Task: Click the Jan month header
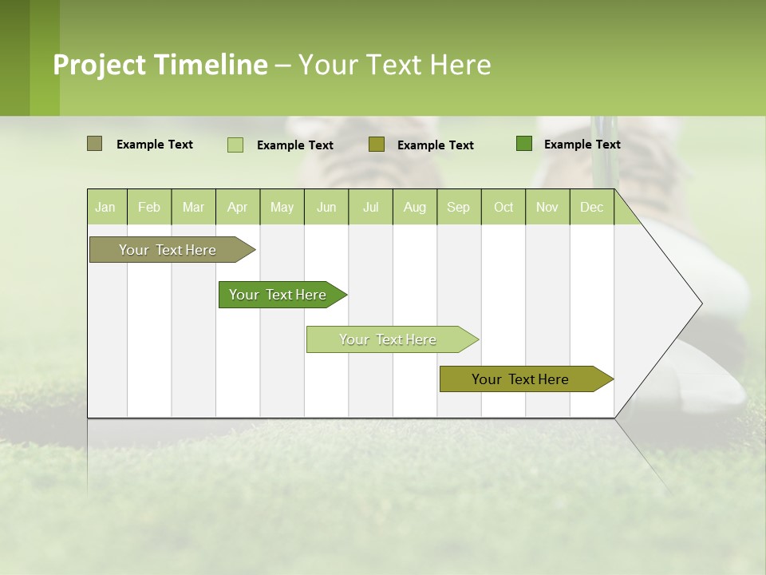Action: click(x=105, y=207)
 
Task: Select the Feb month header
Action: click(x=149, y=207)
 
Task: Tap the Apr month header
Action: click(x=237, y=207)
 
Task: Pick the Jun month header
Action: click(x=326, y=207)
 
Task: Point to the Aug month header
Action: click(x=414, y=207)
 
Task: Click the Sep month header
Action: click(x=458, y=207)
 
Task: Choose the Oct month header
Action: click(x=503, y=207)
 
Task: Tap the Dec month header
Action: click(x=591, y=207)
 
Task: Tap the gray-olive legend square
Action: click(x=95, y=144)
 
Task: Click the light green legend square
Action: click(x=235, y=145)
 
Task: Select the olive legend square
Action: click(x=377, y=145)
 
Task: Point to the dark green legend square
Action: click(x=524, y=144)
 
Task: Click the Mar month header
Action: click(x=193, y=207)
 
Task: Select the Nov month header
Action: click(x=547, y=207)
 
